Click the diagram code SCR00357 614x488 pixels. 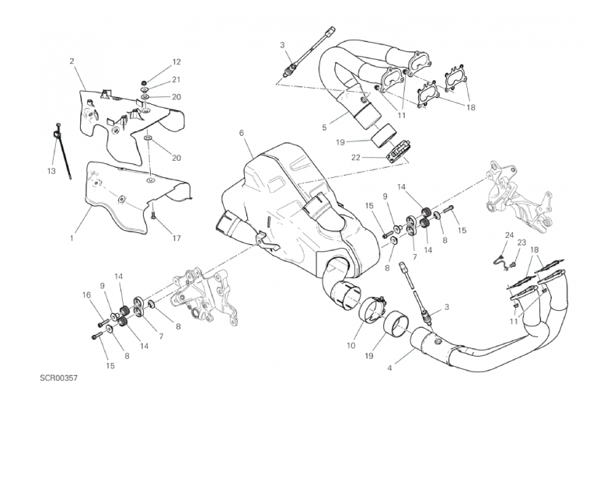click(x=59, y=378)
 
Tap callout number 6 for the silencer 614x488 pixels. click(x=241, y=133)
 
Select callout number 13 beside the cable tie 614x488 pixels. click(x=51, y=171)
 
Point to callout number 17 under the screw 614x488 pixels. click(x=176, y=238)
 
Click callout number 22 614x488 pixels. click(x=355, y=158)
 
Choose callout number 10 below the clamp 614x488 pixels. click(x=351, y=346)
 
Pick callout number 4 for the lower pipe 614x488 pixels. click(x=389, y=368)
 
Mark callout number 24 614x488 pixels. click(x=508, y=235)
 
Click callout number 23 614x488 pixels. click(x=522, y=242)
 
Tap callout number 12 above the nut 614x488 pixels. click(x=176, y=62)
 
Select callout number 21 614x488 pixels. click(x=176, y=80)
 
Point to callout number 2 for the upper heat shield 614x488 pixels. click(x=72, y=61)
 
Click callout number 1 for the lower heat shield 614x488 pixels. click(x=72, y=238)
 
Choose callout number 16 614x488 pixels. click(x=86, y=295)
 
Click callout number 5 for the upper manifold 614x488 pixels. click(x=324, y=127)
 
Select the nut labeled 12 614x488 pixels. click(x=145, y=83)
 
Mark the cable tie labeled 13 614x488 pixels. click(x=62, y=151)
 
